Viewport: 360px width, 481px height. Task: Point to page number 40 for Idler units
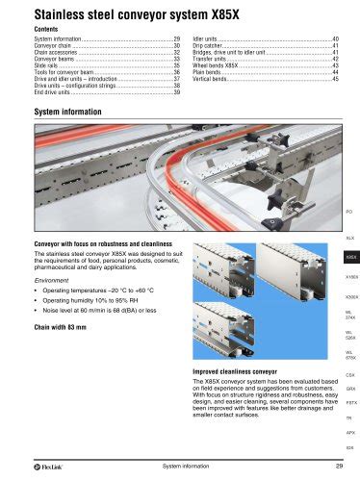[334, 38]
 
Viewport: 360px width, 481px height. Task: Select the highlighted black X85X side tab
[350, 257]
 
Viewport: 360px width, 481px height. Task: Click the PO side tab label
[349, 209]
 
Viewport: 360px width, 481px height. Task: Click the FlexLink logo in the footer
[24, 468]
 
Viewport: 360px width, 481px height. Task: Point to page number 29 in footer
[333, 468]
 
